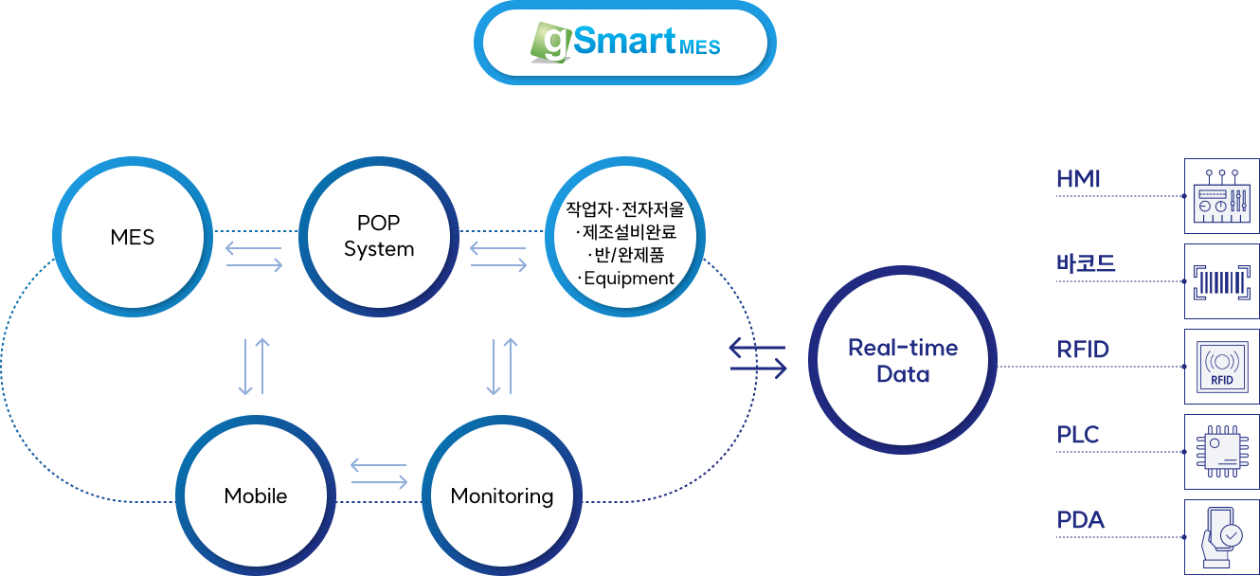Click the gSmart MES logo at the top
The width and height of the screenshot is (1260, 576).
625,43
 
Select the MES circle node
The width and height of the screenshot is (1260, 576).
133,237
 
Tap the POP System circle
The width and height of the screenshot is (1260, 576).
379,236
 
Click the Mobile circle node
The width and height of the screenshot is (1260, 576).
256,495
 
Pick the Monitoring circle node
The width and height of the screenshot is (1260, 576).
502,495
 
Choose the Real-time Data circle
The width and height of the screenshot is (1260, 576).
903,361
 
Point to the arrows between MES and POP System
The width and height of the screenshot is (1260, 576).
254,257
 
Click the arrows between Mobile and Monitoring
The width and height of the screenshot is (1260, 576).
379,473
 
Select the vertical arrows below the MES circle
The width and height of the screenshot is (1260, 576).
254,366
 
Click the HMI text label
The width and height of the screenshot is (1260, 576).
1078,179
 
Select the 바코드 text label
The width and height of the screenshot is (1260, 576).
1086,263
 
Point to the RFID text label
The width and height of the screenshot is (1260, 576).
1083,350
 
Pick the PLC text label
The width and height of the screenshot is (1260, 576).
1078,435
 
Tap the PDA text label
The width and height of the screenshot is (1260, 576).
1081,520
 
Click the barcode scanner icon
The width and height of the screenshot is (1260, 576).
1222,281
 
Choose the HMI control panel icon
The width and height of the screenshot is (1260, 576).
1222,196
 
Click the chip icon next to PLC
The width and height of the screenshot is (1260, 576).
1222,451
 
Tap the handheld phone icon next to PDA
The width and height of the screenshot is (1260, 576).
1221,536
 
